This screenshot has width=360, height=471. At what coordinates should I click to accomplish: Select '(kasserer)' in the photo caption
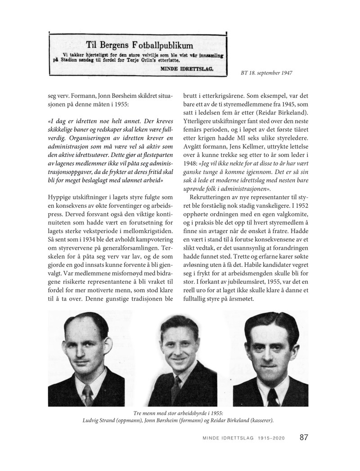(258, 420)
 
